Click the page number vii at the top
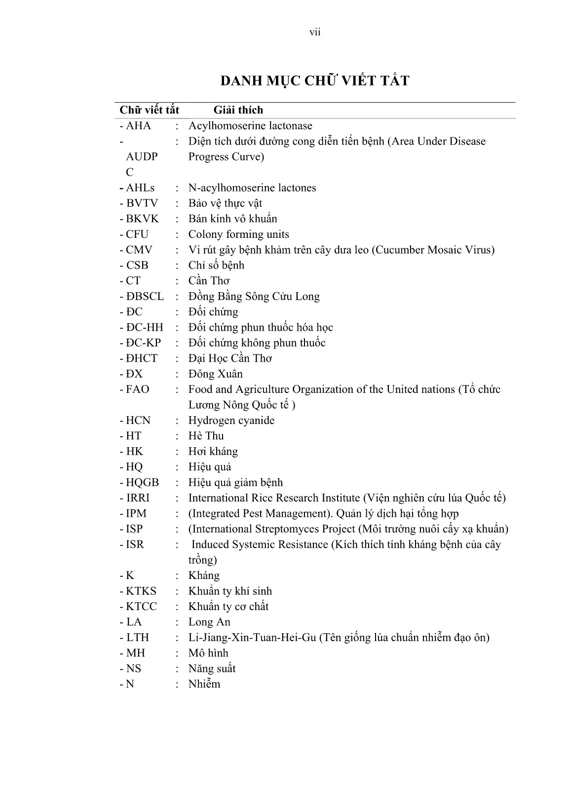coord(315,33)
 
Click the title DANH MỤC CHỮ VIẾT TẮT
coord(315,81)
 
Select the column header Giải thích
coord(238,110)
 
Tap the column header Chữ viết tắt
coord(150,110)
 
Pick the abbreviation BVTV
coord(142,203)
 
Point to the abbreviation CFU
coord(137,234)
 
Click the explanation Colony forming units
coord(239,234)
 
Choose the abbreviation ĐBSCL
coord(145,297)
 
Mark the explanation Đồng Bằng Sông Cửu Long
coord(254,297)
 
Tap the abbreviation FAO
coord(137,389)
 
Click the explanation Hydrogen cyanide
coord(231,421)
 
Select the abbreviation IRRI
coord(138,498)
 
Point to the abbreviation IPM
coord(136,513)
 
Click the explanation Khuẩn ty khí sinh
coord(230,591)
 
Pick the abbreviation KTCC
coord(141,607)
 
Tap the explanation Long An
coord(209,622)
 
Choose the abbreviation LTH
coord(137,637)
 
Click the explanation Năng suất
coord(212,668)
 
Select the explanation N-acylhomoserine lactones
coord(252,188)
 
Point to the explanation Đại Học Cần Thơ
coord(230,358)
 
